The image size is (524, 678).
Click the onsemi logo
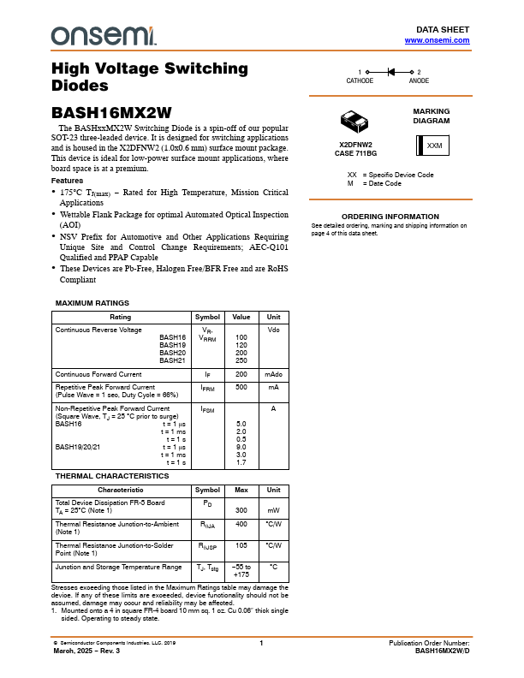104,36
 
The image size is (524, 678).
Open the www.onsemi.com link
437,40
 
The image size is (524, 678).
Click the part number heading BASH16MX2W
112,111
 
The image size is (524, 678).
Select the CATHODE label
360,80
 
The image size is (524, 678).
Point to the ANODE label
420,80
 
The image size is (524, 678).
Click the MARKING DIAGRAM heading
432,116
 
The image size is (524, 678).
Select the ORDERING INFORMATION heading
390,217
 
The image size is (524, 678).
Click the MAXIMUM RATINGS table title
92,303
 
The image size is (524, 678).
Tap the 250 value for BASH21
241,360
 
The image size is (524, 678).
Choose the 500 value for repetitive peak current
241,387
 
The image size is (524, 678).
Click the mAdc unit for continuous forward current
274,374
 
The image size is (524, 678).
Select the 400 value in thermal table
241,523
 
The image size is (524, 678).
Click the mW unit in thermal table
274,510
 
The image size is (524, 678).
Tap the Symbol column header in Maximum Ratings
208,317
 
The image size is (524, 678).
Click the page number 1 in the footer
261,643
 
